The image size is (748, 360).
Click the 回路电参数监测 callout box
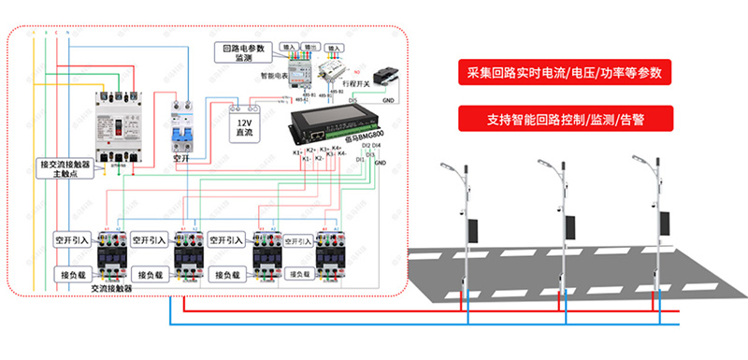click(x=244, y=52)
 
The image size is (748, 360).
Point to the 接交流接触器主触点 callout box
click(x=70, y=167)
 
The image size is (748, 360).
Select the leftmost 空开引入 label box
click(x=71, y=239)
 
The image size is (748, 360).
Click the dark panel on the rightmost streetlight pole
click(x=665, y=223)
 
